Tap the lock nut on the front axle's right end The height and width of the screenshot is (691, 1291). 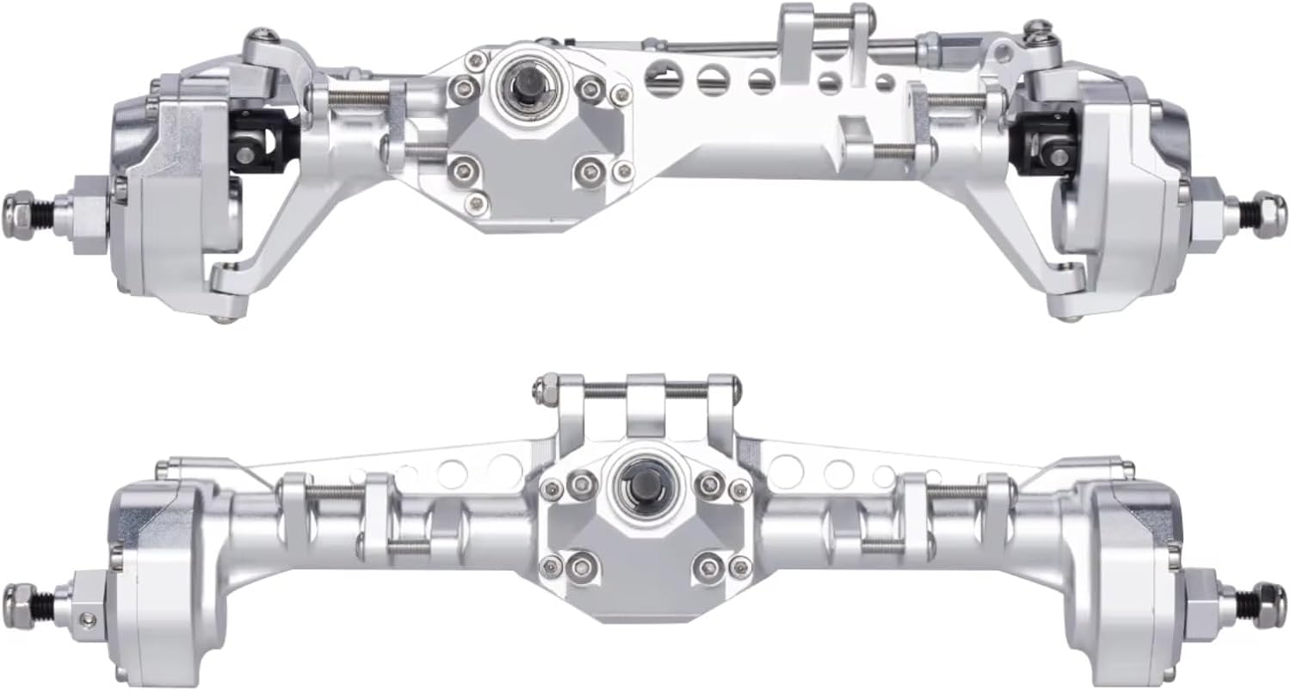pyautogui.click(x=1269, y=210)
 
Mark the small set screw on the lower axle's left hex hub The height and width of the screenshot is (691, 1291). pyautogui.click(x=83, y=620)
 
